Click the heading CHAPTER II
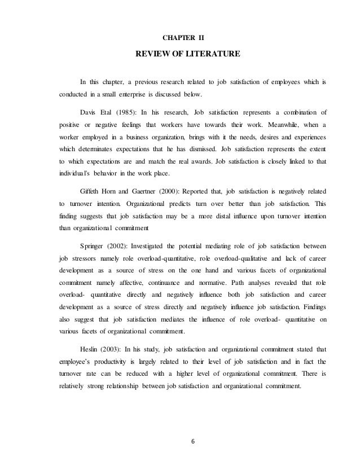pyautogui.click(x=183, y=38)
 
